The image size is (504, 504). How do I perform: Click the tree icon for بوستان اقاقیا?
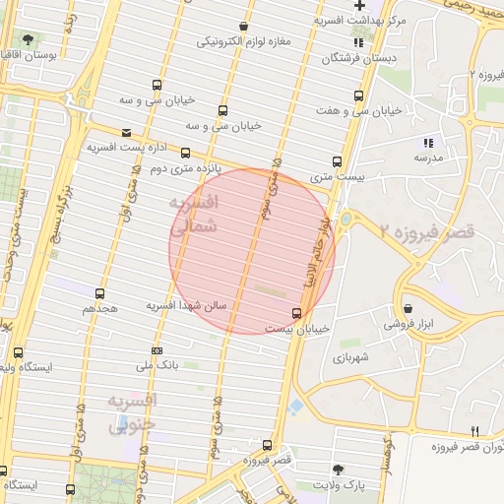pos(27,40)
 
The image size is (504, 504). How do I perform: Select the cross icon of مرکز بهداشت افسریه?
pos(359,6)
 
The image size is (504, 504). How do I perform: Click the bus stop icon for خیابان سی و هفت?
pos(358,97)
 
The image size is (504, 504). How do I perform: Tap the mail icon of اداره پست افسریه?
pos(125,133)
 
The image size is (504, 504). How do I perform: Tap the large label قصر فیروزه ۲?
pos(426,230)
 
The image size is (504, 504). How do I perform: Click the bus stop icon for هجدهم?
pos(99,293)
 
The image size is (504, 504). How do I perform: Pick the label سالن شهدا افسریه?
pos(187,306)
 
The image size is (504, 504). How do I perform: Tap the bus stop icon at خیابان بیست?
pos(298,313)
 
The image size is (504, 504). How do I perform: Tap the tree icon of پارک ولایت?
pos(340,470)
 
